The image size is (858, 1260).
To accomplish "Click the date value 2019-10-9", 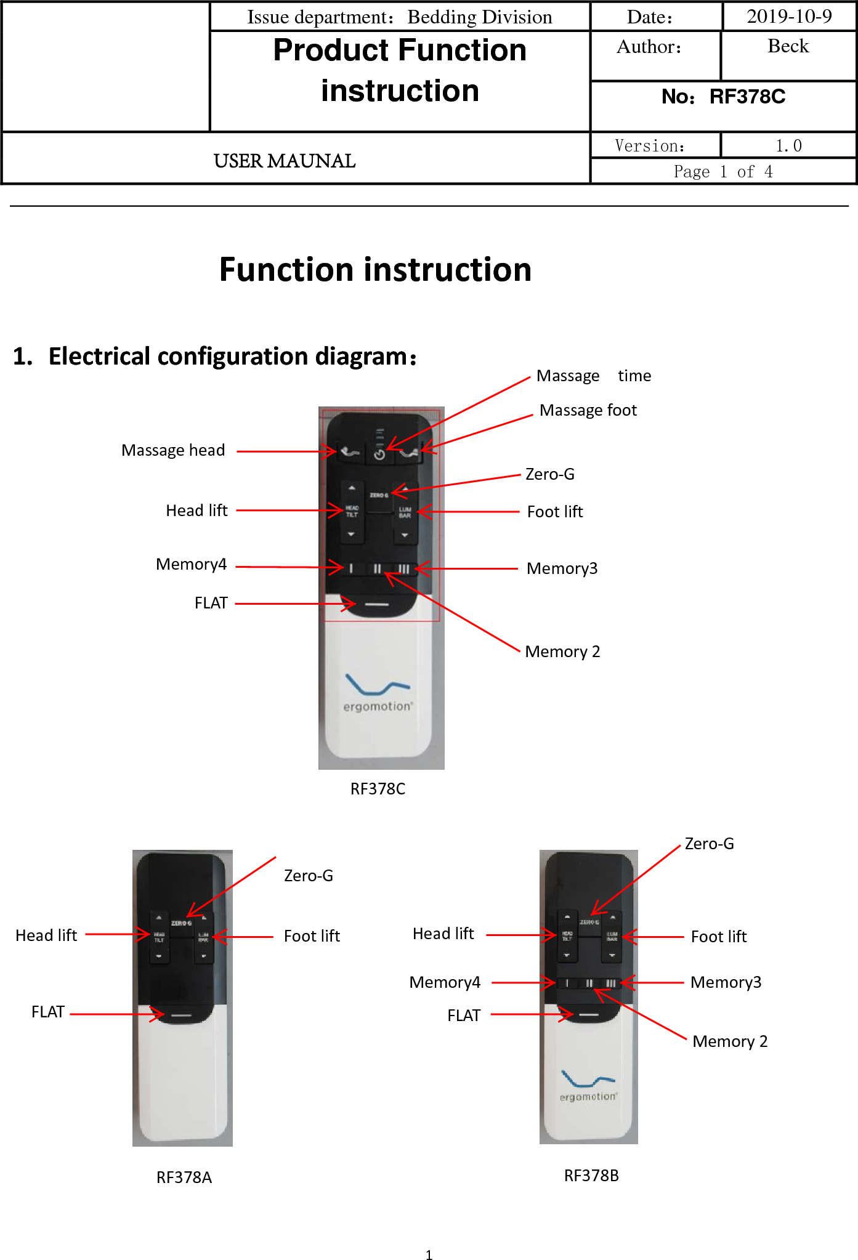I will coord(789,17).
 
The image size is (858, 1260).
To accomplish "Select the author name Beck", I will coord(788,46).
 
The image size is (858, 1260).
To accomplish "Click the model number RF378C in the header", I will coord(747,97).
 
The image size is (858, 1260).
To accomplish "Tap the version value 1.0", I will coord(788,146).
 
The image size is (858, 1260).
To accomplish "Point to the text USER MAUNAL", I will coord(284,161).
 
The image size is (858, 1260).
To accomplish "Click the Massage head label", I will coord(173,450).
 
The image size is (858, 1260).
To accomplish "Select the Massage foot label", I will coord(588,410).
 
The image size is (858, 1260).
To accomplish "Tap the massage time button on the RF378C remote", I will coord(379,454).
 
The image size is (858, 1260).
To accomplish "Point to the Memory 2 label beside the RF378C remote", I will coord(562,652).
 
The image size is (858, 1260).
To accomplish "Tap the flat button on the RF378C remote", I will coord(377,605).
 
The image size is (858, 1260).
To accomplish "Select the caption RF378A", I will coord(184,1177).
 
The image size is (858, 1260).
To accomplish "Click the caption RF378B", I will coord(591,1176).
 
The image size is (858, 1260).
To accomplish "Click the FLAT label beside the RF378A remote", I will coord(48,1012).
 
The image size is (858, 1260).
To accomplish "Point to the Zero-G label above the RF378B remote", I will coord(710,844).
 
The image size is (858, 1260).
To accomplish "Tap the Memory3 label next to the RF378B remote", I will coord(726,982).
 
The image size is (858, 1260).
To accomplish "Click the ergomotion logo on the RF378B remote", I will coord(588,1086).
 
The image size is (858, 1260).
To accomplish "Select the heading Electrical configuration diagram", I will coord(232,357).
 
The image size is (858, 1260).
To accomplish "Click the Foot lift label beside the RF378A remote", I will coord(312,936).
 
